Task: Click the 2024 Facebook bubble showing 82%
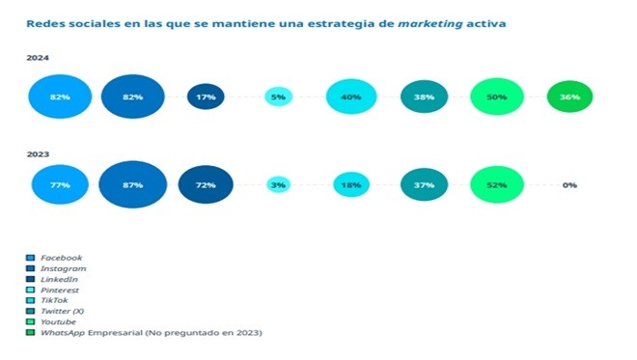pos(60,97)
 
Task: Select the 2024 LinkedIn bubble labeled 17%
pos(206,97)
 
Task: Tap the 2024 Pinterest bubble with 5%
pos(278,97)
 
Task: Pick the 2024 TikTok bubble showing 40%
pos(351,97)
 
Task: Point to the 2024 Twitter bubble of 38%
pos(424,97)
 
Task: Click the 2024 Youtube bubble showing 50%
pos(497,97)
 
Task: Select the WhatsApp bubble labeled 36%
pos(569,97)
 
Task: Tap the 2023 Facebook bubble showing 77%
pos(60,185)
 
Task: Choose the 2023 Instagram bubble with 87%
pos(133,185)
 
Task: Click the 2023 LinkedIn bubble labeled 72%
pos(206,185)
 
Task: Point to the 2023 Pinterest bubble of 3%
pos(278,185)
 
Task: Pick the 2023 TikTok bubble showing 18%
pos(351,185)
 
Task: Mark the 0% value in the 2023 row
pos(569,185)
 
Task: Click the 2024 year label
pos(38,58)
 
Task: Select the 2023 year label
pos(38,154)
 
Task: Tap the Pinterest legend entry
pos(52,291)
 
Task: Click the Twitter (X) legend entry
pos(55,311)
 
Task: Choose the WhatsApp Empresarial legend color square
pos(30,332)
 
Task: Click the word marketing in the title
pos(430,24)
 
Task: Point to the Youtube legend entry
pos(51,321)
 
